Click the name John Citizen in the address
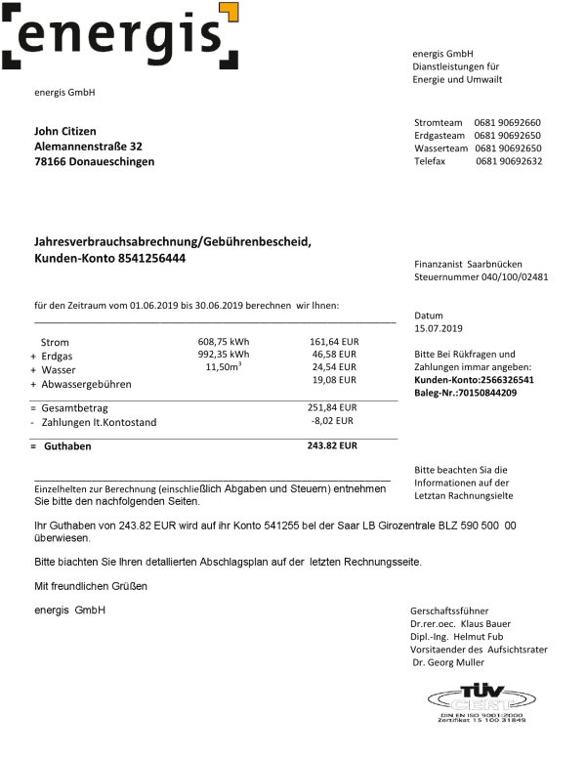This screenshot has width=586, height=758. pos(65,131)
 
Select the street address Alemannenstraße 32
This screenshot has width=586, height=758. pos(88,147)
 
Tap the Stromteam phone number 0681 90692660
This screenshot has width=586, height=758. pos(508,122)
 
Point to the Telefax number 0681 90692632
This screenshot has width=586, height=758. pos(509,161)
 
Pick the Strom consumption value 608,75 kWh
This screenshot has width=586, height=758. pos(224,341)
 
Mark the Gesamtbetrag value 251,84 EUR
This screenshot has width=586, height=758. pos(332,407)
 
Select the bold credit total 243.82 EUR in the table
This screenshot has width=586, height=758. pos(332,445)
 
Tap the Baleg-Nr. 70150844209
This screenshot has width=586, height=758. pos(465,393)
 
